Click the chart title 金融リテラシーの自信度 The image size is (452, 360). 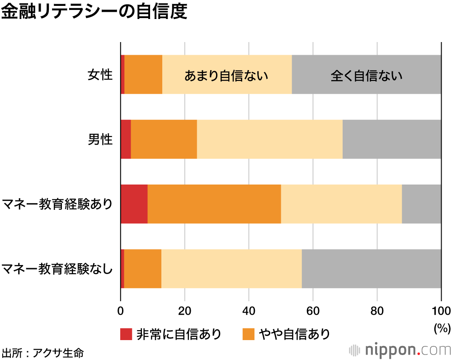(94, 12)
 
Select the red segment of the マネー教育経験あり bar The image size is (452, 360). (134, 204)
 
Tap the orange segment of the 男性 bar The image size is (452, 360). (164, 139)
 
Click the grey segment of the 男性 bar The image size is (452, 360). (391, 139)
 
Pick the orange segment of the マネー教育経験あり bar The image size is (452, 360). (214, 204)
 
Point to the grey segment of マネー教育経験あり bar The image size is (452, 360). (421, 204)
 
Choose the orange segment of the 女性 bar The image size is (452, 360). (143, 75)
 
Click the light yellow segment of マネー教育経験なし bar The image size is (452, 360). (231, 269)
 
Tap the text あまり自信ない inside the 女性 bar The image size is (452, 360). (226, 75)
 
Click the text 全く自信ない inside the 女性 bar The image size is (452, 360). (366, 75)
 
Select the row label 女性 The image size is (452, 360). (99, 75)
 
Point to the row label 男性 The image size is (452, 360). (99, 139)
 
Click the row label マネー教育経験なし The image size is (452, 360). (57, 269)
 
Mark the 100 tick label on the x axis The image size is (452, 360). (441, 310)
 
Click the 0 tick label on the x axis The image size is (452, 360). (121, 310)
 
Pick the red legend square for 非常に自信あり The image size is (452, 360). (126, 334)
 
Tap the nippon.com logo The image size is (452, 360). (400, 350)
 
